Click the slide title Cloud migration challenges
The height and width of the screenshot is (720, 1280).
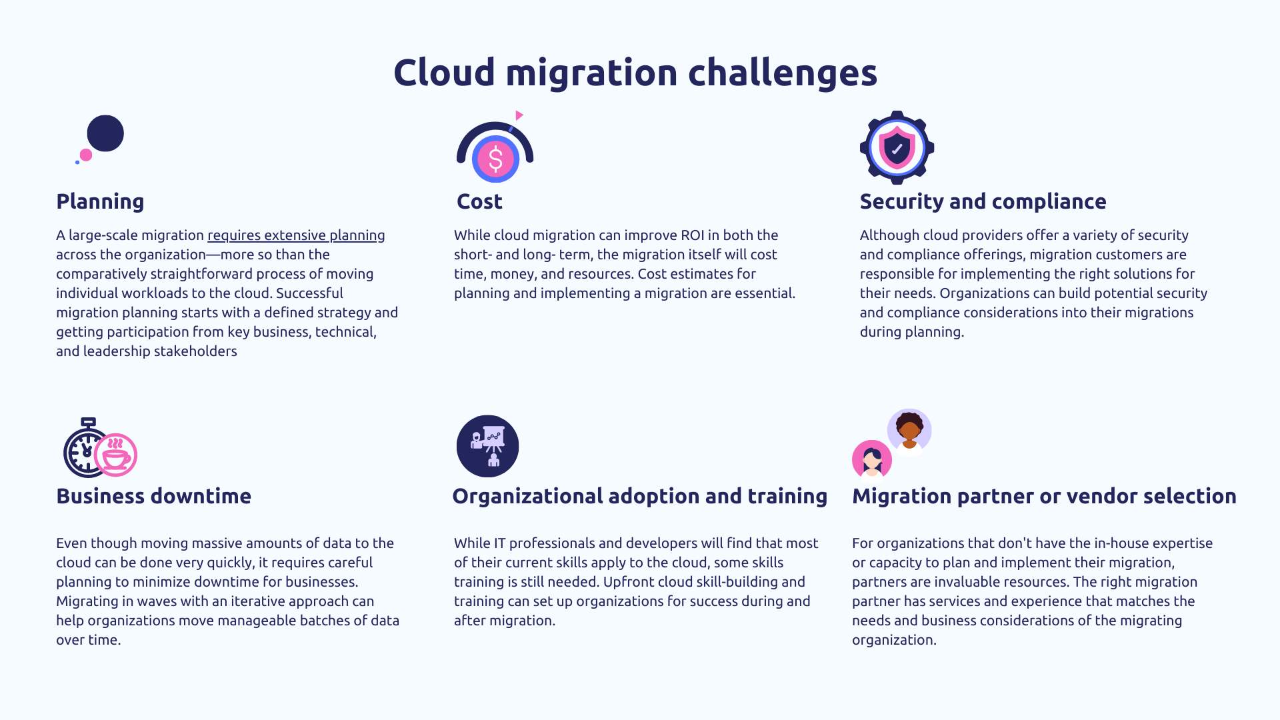635,72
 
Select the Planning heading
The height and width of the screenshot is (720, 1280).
100,201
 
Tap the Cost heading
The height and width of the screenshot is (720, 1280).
479,201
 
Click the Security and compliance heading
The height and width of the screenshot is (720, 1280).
983,201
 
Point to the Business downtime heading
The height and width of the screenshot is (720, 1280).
153,496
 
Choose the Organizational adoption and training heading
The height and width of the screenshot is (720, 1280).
639,496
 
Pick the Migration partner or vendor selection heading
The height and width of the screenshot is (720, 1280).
1044,496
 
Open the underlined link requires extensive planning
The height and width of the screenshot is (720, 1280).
296,235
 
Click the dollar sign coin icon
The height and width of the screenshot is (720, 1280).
495,159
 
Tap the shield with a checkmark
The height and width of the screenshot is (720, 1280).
897,148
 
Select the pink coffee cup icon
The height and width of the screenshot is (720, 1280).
116,456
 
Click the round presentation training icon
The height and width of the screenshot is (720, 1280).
487,446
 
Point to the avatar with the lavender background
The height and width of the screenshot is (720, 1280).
909,430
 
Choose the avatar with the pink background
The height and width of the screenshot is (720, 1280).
872,459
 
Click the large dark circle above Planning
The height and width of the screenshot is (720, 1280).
105,133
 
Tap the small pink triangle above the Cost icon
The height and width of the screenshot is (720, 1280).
519,115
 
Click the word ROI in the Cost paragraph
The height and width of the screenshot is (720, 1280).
692,235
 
